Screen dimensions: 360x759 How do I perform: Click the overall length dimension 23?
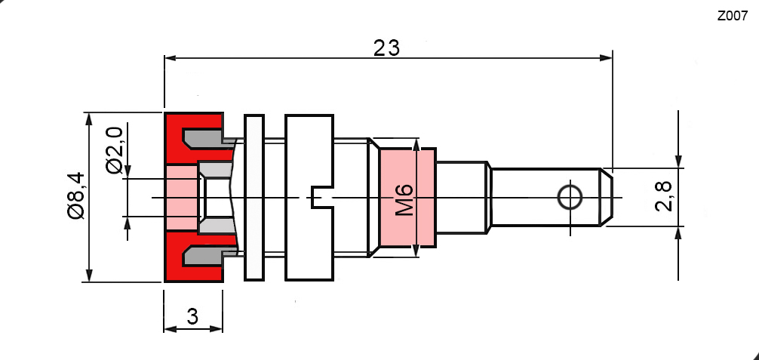[x=386, y=48]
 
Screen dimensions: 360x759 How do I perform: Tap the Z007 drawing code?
[x=732, y=15]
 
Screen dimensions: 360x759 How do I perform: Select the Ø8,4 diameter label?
[x=76, y=196]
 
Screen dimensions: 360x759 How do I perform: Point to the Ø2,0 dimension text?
[x=115, y=151]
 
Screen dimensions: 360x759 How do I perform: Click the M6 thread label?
[x=406, y=200]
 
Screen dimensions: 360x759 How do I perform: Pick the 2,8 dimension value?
[x=664, y=196]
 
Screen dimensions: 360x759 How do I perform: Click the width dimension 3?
[x=192, y=317]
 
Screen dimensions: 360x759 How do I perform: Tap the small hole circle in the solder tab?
[x=570, y=198]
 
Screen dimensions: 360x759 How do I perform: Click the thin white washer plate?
[x=254, y=198]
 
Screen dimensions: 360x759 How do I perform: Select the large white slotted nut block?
[x=309, y=158]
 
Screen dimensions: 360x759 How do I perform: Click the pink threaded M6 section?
[x=407, y=226]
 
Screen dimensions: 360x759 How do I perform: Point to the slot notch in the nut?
[x=321, y=198]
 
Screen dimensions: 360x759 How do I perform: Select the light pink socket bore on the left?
[x=181, y=198]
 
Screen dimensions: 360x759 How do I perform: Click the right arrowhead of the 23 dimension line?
[x=607, y=57]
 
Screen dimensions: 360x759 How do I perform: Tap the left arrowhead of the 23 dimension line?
[x=171, y=57]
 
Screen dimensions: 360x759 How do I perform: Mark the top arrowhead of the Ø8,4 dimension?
[x=90, y=118]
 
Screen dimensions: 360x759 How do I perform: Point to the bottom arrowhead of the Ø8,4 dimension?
[x=90, y=277]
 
